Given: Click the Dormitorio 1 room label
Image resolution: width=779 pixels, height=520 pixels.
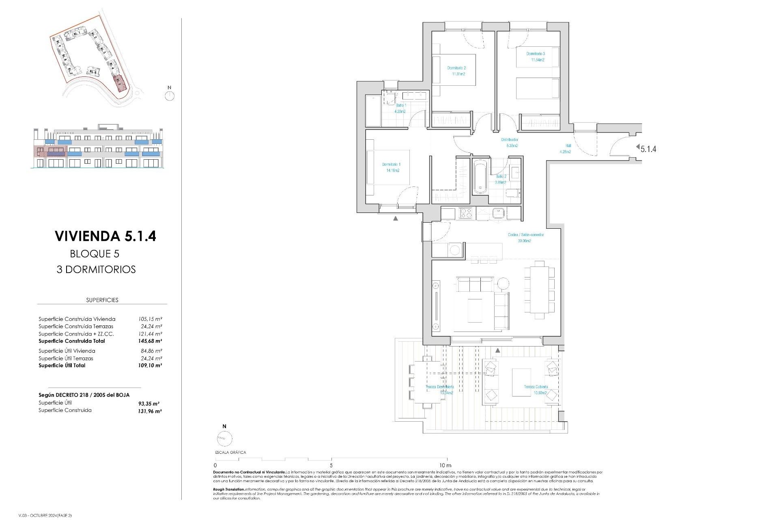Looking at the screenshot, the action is [x=391, y=165].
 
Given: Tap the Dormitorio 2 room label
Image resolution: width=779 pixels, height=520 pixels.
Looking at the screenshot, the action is [x=456, y=68].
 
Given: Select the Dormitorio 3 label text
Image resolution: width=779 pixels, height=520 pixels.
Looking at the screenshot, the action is [x=536, y=54].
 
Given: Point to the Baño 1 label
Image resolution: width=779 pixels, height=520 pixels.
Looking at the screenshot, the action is [x=401, y=105].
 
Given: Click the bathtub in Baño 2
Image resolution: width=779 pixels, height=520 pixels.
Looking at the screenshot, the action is [x=480, y=177].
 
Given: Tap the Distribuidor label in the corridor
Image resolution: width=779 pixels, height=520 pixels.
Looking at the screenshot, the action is [x=510, y=140].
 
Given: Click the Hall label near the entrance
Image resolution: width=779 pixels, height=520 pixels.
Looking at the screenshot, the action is [x=568, y=146].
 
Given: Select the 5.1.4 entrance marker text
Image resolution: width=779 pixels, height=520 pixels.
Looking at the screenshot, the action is [x=648, y=149].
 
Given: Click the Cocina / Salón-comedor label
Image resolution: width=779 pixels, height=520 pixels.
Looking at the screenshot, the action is [x=525, y=235].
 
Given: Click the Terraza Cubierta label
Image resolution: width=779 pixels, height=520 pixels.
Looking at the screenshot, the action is [x=536, y=387].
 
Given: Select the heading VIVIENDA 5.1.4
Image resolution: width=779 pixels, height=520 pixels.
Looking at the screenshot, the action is [x=105, y=236].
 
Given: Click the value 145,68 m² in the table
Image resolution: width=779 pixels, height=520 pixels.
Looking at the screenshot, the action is [x=150, y=341].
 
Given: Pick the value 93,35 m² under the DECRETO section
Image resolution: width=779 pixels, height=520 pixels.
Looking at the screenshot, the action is [x=148, y=404].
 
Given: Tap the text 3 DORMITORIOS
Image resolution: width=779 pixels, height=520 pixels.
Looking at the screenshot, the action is [x=96, y=269].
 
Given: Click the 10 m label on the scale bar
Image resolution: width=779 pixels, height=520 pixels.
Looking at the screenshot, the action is [x=445, y=465].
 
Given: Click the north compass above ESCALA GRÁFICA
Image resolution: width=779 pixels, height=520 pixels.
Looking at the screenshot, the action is [x=224, y=439].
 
